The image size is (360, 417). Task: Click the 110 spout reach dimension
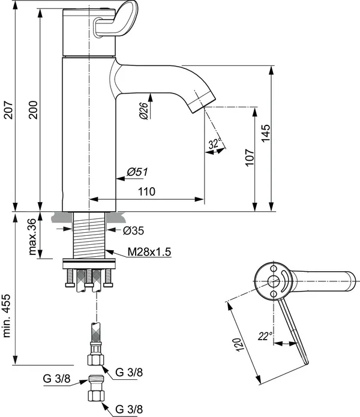coord(146,191)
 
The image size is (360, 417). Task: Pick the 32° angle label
coord(215,144)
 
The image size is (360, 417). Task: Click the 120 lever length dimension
coord(238,344)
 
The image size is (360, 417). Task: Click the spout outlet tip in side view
coord(200,105)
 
